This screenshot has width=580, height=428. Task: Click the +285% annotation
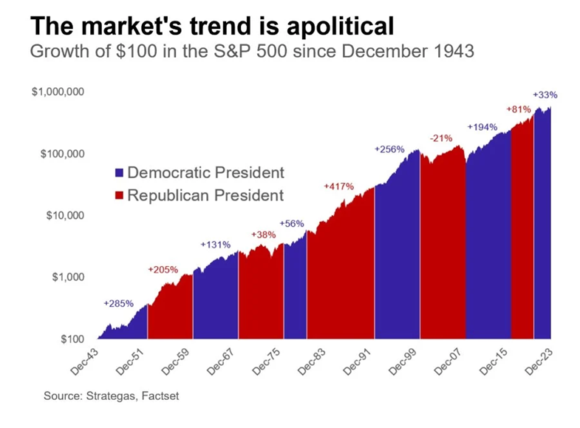tap(118, 304)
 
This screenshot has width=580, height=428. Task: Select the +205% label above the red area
tap(163, 270)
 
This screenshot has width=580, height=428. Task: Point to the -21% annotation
tap(441, 138)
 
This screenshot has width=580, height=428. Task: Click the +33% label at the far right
tap(545, 95)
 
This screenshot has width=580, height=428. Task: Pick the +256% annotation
tap(389, 149)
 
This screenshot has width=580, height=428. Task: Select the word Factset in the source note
tap(159, 397)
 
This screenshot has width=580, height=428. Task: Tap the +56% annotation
tap(292, 223)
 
